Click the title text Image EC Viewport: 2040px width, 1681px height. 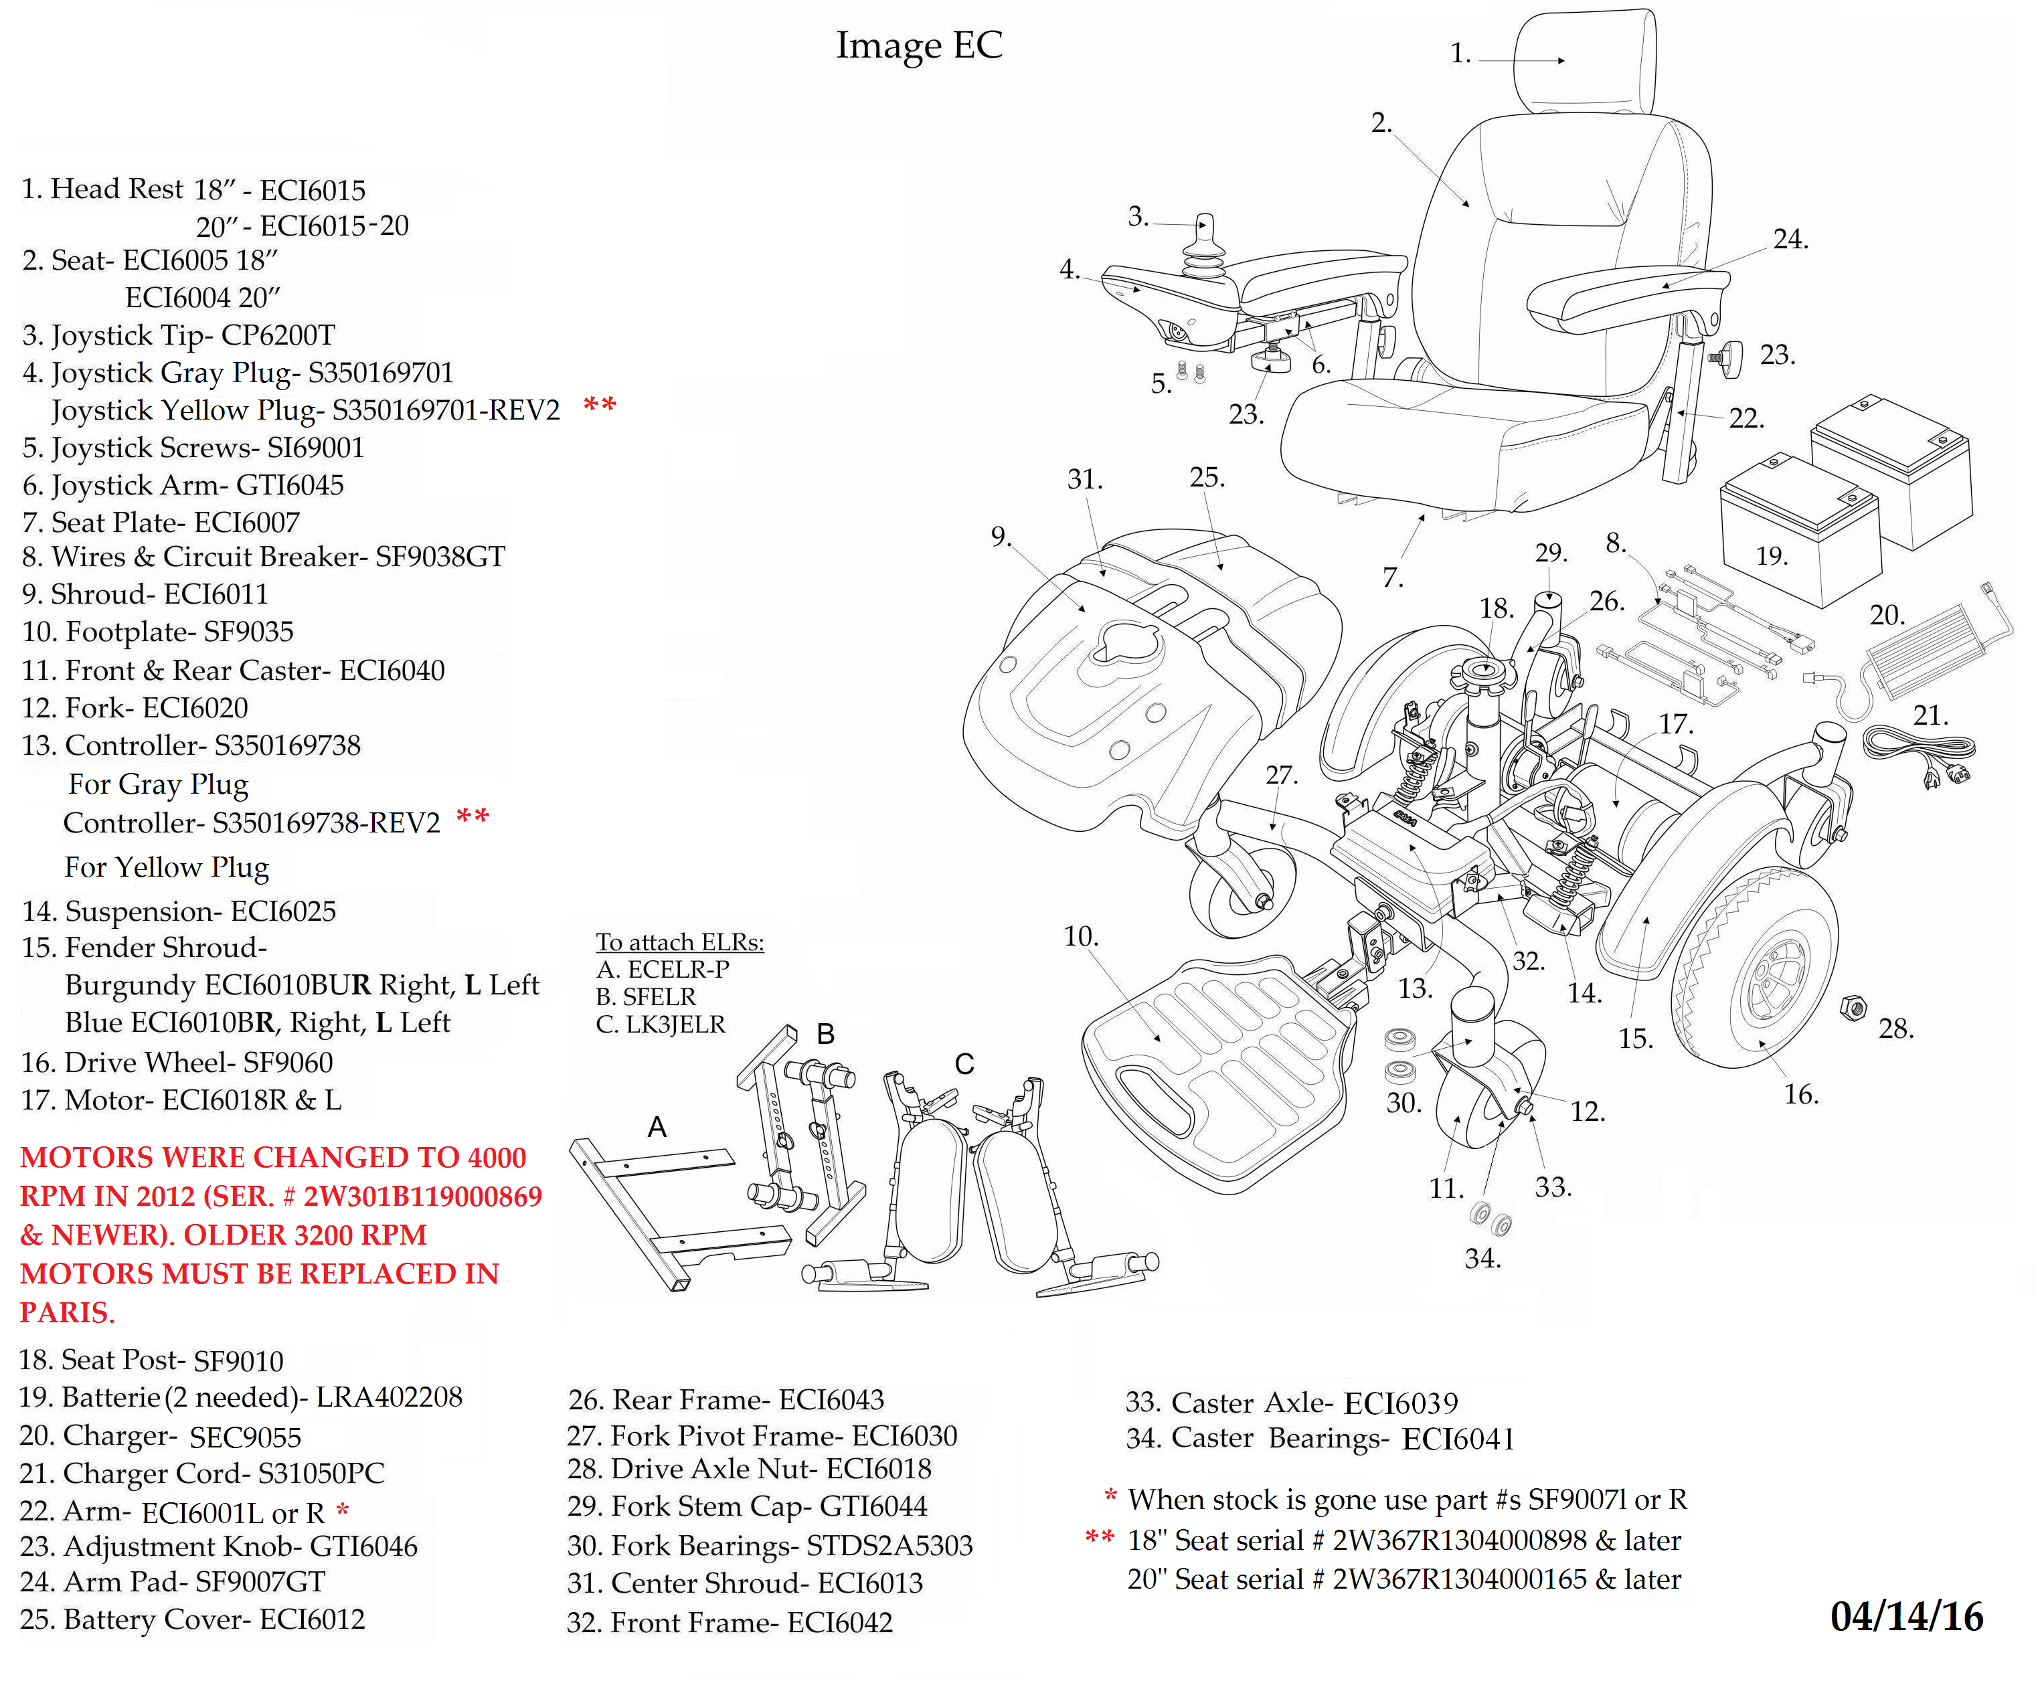coord(919,46)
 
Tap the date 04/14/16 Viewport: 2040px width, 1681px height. coord(1906,1616)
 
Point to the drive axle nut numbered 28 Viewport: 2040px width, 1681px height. coord(1852,1007)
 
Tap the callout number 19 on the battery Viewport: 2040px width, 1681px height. coord(1772,556)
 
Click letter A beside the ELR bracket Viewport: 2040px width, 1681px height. coord(657,1127)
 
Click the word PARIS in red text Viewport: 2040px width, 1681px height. coord(67,1312)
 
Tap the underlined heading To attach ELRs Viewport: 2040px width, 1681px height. coord(680,942)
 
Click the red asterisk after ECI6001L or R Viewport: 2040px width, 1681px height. coord(342,1508)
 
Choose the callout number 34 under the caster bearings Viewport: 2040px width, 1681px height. coord(1482,1258)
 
